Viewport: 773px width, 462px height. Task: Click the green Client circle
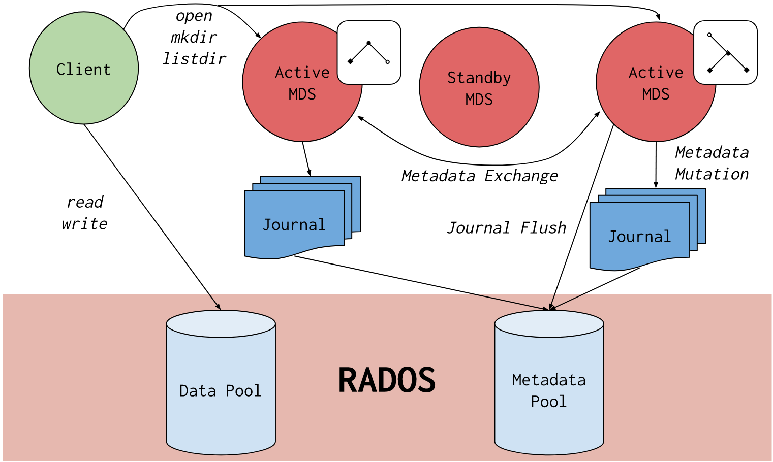84,68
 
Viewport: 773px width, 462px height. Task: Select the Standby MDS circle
479,87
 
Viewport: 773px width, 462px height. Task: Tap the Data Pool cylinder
221,383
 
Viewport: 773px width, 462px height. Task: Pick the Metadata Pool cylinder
549,383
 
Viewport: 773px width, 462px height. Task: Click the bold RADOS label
387,380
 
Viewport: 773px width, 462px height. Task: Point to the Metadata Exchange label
480,176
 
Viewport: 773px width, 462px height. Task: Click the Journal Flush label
507,228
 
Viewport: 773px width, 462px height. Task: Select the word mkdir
194,37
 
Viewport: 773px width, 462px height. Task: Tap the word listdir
194,59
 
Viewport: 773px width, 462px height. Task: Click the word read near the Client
85,202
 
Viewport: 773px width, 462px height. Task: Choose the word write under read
84,224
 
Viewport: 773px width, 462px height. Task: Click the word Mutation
712,174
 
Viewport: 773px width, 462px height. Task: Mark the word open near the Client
194,16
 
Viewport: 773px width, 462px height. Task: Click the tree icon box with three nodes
369,52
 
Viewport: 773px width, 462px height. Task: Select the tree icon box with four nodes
725,52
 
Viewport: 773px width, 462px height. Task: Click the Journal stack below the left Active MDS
302,218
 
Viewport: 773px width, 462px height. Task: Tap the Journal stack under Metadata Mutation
648,229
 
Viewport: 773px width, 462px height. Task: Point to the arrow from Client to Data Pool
152,217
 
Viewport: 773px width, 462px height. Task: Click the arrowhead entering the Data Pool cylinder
218,307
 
